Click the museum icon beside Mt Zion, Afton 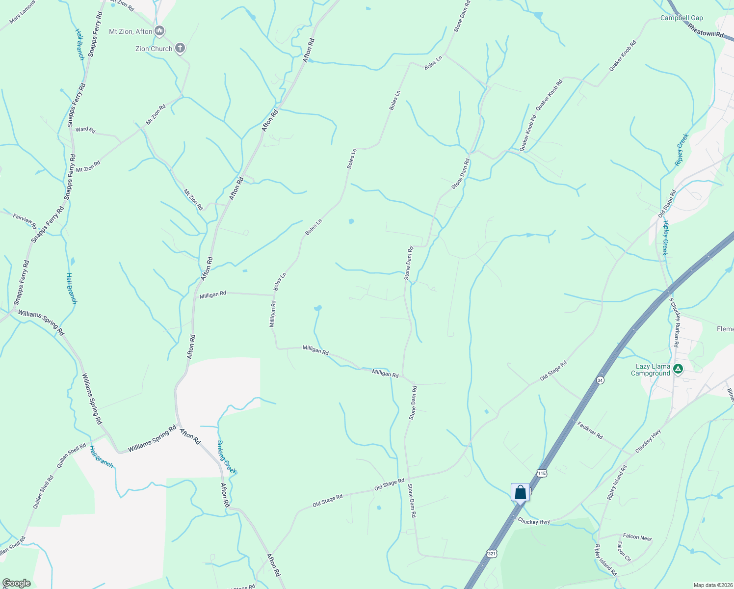(x=159, y=31)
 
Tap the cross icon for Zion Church (x=180, y=48)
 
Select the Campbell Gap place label (x=682, y=18)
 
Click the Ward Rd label (x=85, y=130)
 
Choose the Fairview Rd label (x=25, y=220)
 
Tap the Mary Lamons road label (x=22, y=19)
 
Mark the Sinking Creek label (x=227, y=457)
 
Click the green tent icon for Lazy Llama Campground (x=678, y=369)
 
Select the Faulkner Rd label (x=590, y=430)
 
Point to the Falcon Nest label (x=637, y=537)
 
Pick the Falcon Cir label (x=624, y=552)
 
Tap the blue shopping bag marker (x=520, y=492)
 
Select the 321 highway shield (x=492, y=554)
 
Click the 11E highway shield (x=541, y=473)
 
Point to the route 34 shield (x=600, y=380)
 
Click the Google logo (x=17, y=583)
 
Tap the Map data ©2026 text (x=712, y=585)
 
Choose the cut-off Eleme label (x=725, y=329)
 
